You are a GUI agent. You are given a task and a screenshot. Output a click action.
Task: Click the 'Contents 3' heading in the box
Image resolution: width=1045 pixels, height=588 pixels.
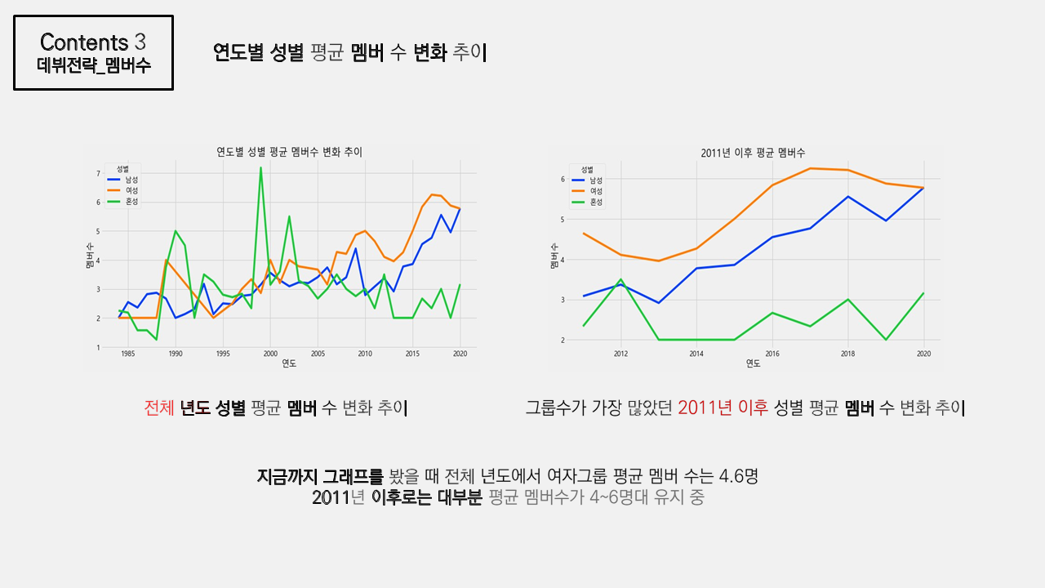coord(93,42)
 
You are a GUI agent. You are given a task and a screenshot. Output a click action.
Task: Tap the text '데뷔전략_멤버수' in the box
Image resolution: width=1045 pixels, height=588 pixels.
coord(93,66)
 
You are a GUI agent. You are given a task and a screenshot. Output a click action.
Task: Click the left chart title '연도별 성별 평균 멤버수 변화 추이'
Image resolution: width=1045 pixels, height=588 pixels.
coord(289,152)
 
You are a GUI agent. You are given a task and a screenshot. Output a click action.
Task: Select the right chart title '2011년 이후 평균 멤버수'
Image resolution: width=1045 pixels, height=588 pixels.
coord(753,153)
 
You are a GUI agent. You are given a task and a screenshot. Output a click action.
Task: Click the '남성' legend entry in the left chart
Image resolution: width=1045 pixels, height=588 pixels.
coord(131,179)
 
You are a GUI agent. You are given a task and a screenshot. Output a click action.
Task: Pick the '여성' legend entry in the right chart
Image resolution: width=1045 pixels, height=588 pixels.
coord(595,190)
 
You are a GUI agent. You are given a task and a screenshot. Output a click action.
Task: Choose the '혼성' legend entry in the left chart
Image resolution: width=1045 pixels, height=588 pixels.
coord(131,202)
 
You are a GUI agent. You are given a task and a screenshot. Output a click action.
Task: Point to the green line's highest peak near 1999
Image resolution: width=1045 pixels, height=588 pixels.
coord(260,167)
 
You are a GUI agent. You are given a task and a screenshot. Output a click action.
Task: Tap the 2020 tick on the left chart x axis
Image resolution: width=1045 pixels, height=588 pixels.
coord(460,354)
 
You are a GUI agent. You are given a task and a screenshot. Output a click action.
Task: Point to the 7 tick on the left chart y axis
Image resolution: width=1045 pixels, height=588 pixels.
coord(99,173)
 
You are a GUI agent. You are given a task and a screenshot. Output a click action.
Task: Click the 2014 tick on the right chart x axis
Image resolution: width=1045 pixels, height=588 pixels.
coord(696,354)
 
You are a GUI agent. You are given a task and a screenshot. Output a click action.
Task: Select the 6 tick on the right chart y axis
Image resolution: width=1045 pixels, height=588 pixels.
coord(563,179)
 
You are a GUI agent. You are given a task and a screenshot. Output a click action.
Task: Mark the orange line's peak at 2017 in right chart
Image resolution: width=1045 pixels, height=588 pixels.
coord(810,168)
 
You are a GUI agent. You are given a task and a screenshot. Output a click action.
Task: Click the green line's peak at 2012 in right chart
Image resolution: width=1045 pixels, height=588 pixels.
coord(621,279)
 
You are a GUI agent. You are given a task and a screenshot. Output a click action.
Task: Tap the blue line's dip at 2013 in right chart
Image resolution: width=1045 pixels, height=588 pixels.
coord(659,303)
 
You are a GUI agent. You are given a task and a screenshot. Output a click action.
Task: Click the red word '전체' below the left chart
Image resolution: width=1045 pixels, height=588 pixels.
coord(158,408)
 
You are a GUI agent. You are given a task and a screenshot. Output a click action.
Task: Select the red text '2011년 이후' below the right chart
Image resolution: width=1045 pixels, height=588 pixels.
coord(723,408)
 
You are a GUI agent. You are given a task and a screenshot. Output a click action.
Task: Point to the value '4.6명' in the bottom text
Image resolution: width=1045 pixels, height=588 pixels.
coord(738,475)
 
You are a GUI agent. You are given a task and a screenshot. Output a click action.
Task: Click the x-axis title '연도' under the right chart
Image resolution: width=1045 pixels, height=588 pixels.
coord(753,364)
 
